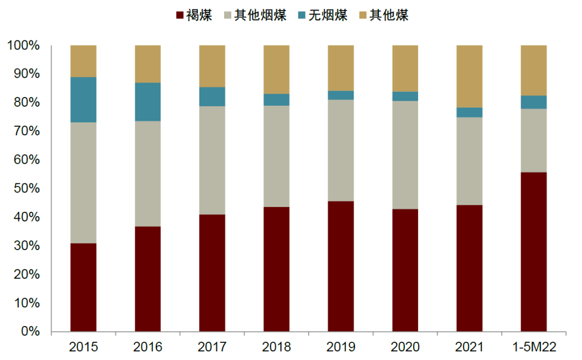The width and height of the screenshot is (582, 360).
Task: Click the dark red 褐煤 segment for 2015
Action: [84, 287]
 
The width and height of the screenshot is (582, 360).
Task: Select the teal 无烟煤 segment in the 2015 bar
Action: [84, 100]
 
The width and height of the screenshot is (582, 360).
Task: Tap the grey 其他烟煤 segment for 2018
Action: [276, 156]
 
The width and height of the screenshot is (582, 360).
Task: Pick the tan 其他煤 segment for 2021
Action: [469, 77]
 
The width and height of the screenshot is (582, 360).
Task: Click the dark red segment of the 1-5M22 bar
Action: [533, 252]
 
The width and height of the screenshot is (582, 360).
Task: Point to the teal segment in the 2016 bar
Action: [148, 102]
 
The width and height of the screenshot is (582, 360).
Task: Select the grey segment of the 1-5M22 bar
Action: [533, 140]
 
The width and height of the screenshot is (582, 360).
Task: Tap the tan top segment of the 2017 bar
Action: [212, 66]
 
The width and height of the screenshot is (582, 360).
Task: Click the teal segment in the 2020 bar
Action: [405, 96]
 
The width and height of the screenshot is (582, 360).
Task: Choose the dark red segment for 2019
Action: [341, 266]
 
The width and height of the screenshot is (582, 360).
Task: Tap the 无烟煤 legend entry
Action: [322, 15]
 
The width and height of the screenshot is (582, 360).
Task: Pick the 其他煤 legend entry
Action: [383, 15]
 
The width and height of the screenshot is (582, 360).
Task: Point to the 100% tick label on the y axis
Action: [24, 46]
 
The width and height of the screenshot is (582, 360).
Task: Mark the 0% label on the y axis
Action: [30, 331]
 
